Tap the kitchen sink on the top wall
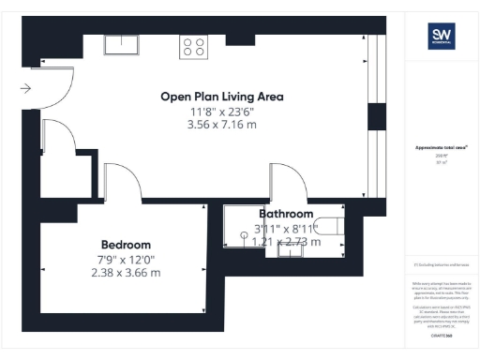point(121,43)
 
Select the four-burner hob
point(194,46)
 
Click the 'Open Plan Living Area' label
point(221,97)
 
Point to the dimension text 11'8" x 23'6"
point(221,112)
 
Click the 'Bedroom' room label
point(127,244)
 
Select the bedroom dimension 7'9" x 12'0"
point(126,259)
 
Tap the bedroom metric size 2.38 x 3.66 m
point(126,274)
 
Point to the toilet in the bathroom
point(331,225)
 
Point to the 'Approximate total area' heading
point(442,148)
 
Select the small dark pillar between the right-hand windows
point(376,116)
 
